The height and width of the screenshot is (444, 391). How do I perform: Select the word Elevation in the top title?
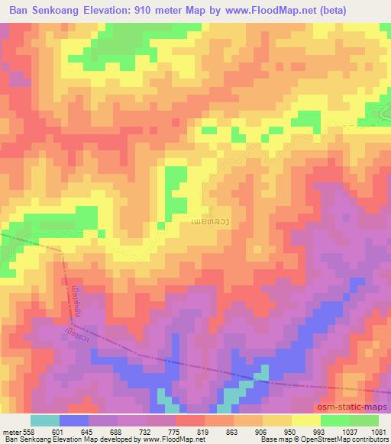[128, 10]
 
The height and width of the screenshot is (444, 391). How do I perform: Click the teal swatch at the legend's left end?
[45, 420]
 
